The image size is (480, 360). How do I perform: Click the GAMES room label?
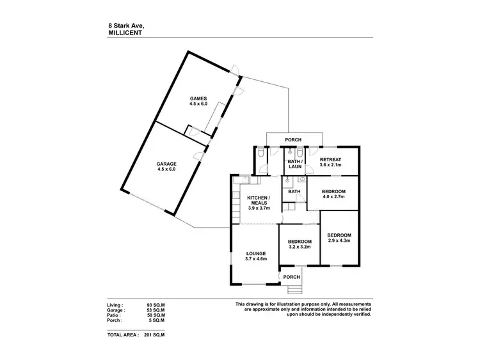[198, 98]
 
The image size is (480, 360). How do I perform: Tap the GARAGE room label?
[166, 164]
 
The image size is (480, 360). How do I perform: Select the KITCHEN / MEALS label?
[259, 201]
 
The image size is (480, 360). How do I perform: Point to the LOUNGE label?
[256, 253]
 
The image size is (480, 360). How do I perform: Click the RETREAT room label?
[330, 159]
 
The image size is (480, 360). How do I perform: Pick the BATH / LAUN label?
[294, 164]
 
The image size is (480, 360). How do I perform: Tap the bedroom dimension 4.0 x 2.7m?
[333, 197]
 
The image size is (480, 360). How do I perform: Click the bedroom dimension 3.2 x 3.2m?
[300, 246]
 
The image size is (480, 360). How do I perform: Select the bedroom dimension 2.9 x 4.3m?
[339, 240]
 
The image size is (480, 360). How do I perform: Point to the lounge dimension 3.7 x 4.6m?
[256, 259]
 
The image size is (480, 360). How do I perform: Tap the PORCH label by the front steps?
[292, 277]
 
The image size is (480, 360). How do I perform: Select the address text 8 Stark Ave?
[126, 26]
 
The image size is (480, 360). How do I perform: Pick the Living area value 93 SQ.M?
[156, 306]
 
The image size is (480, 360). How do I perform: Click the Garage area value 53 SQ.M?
[156, 311]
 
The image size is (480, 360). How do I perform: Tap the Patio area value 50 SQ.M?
[156, 316]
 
